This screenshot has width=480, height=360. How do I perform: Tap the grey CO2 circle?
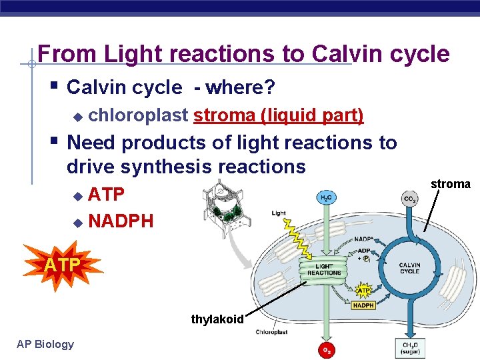click(x=410, y=198)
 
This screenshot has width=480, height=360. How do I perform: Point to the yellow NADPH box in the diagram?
click(x=363, y=306)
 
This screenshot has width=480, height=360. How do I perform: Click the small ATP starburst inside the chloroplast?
click(x=363, y=289)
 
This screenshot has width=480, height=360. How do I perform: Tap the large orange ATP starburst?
click(x=63, y=266)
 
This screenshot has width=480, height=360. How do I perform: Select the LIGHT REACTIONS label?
click(x=324, y=269)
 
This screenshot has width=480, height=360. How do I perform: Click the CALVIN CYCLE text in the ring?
click(x=409, y=268)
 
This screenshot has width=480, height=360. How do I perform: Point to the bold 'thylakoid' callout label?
click(x=217, y=319)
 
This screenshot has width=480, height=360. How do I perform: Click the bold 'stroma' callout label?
click(x=450, y=183)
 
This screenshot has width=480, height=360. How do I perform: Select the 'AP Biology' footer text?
click(x=46, y=344)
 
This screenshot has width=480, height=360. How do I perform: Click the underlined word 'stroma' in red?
click(x=224, y=115)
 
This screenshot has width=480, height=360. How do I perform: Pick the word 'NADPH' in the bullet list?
click(x=121, y=220)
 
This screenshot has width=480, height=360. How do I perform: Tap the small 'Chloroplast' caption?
click(x=271, y=332)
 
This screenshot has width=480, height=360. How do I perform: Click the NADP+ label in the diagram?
click(x=364, y=239)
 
